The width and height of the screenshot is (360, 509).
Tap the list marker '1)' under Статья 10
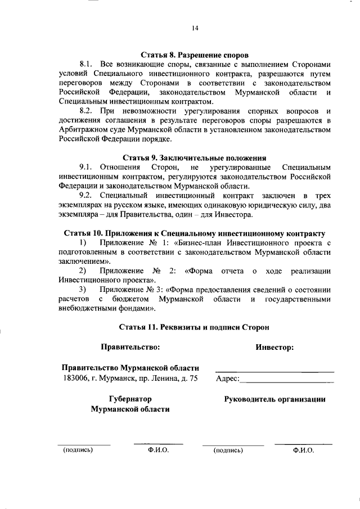[83, 242]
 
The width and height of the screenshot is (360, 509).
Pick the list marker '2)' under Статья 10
[83, 271]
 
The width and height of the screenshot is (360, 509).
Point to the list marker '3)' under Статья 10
[83, 290]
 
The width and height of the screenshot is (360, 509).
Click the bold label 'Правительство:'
[130, 347]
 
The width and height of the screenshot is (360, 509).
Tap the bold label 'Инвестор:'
[274, 347]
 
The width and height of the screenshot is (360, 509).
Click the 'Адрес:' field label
[227, 379]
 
